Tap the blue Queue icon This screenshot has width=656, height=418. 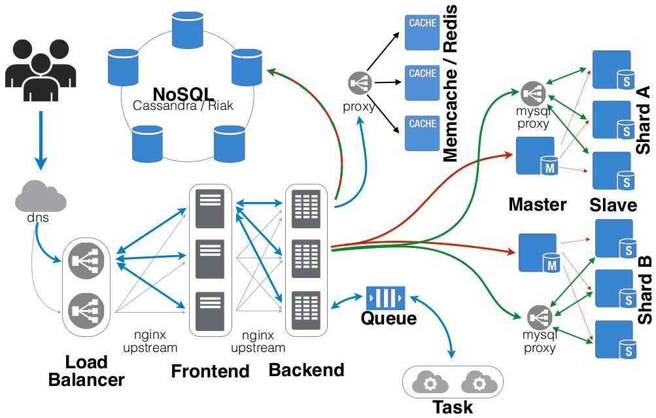point(385,298)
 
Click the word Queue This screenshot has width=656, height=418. point(388,319)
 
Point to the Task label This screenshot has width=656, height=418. point(453,407)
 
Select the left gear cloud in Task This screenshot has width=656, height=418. point(429,381)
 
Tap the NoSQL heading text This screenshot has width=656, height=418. point(183,94)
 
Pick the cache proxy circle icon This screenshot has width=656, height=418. point(360,83)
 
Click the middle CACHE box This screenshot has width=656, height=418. point(422,82)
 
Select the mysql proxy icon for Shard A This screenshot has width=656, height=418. point(534,94)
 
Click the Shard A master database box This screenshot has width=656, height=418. point(536,156)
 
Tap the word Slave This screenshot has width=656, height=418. point(613,205)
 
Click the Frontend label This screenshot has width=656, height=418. point(210,371)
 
